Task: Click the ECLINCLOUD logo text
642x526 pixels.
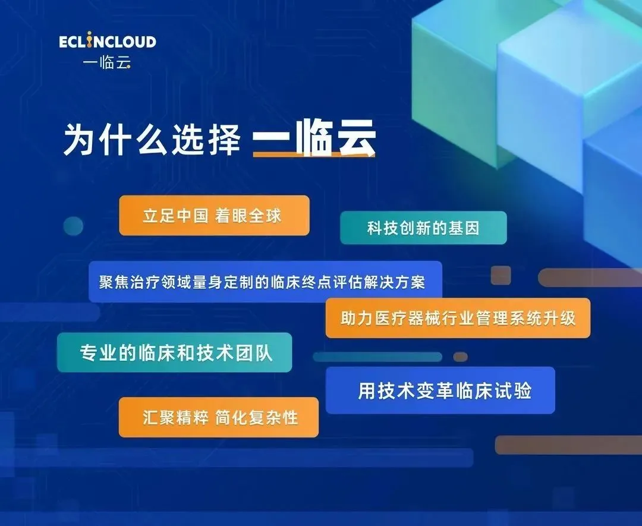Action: click(108, 42)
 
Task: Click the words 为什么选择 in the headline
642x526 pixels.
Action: click(152, 139)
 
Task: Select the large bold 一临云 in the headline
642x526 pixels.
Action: click(314, 138)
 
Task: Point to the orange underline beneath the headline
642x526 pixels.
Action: click(314, 155)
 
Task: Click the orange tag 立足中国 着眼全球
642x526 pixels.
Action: click(214, 215)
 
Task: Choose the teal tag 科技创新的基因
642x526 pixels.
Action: click(423, 228)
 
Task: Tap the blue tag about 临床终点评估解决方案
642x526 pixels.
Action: click(265, 282)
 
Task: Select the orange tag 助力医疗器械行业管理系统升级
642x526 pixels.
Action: click(458, 318)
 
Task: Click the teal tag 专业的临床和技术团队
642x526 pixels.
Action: click(174, 352)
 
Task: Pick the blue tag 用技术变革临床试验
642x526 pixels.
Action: click(440, 390)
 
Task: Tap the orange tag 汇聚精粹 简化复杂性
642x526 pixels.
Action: click(219, 417)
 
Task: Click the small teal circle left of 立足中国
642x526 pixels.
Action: click(73, 226)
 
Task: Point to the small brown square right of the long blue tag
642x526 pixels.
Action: click(501, 275)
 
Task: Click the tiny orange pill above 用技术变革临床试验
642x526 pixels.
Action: click(460, 357)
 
